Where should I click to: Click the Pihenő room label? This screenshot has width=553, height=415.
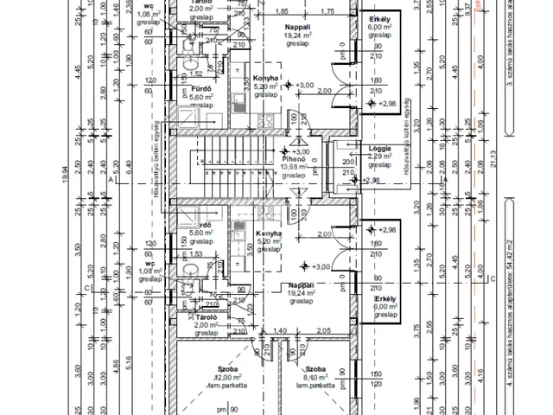(x=296, y=160)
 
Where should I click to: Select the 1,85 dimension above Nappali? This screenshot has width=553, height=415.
(x=280, y=11)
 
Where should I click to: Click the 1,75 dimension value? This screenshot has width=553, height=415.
(x=327, y=11)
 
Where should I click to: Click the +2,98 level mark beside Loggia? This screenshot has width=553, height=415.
(x=372, y=180)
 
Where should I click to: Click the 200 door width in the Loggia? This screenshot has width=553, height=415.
(x=346, y=162)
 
